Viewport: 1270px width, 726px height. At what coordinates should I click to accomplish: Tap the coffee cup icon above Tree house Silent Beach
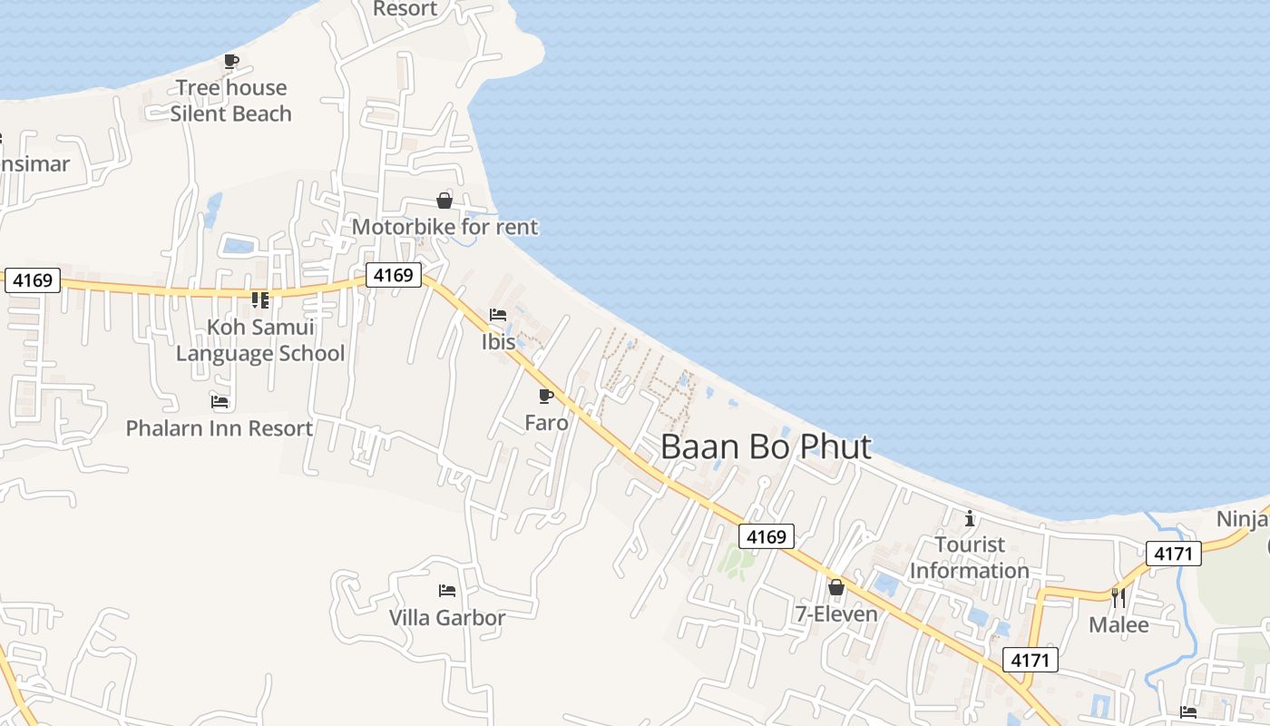pos(231,62)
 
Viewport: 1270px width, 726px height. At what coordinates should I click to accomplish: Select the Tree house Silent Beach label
pos(231,101)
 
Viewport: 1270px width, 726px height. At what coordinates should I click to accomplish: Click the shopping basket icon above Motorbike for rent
pos(444,201)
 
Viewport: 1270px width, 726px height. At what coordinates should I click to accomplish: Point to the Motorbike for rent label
pos(444,227)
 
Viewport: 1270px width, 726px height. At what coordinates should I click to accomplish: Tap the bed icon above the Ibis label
pos(498,316)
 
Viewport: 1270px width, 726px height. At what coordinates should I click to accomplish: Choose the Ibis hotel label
pos(498,342)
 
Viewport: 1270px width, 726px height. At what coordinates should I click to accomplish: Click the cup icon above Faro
pos(546,397)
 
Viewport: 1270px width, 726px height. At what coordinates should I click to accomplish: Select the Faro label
pos(546,423)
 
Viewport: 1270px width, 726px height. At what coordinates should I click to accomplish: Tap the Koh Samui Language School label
pos(260,340)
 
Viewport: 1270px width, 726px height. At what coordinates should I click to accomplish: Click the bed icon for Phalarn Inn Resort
pos(220,401)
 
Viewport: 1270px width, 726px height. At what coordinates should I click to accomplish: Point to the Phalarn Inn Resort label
pos(220,428)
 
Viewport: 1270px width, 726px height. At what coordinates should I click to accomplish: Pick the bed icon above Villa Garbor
pos(447,591)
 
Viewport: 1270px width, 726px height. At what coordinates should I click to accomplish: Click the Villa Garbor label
pos(447,618)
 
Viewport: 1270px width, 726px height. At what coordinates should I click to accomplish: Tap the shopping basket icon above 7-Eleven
pos(836,588)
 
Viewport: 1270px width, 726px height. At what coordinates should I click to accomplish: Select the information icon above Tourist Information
pos(970,518)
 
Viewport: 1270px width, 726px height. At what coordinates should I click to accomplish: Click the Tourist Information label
pos(970,557)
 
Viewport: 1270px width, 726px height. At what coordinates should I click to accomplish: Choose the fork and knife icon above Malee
pos(1119,597)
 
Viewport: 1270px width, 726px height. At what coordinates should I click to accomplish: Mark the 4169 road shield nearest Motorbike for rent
pos(394,274)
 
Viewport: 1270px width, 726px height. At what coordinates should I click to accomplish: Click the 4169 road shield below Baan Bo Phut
pos(766,536)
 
